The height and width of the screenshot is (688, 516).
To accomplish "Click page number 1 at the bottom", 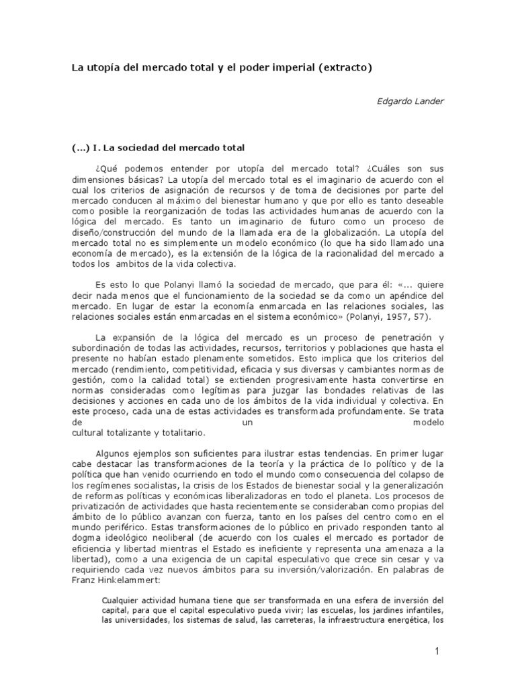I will [436, 651].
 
